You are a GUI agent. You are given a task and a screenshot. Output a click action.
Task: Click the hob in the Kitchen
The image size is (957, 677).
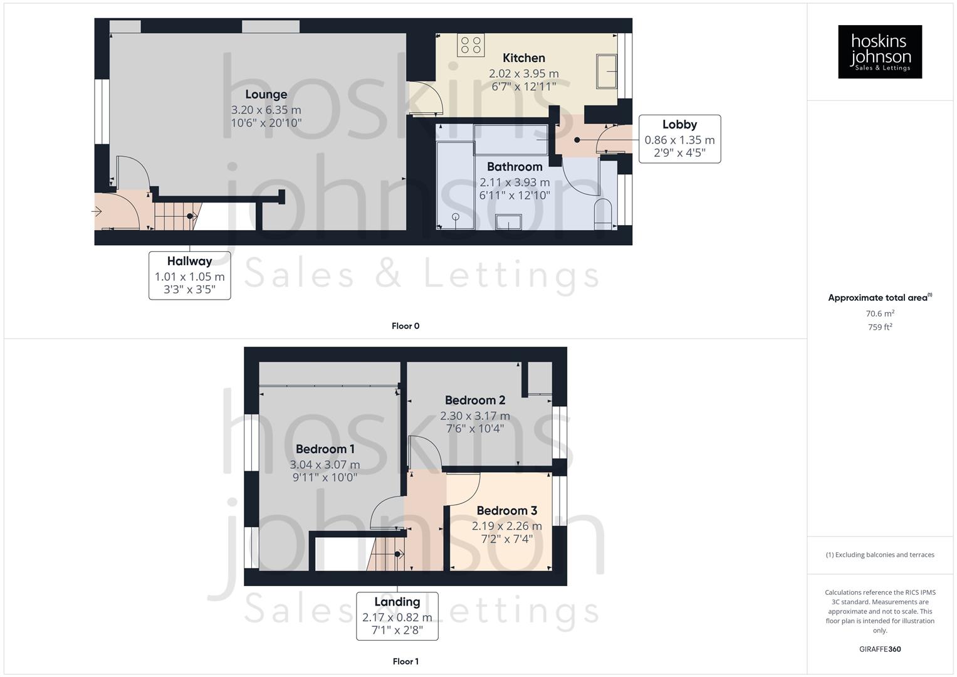(x=471, y=45)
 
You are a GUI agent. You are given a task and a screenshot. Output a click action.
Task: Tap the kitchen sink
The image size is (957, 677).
(x=607, y=71)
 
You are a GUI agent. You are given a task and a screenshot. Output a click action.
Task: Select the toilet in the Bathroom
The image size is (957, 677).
(x=602, y=213)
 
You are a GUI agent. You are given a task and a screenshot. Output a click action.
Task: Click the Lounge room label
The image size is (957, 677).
(x=266, y=95)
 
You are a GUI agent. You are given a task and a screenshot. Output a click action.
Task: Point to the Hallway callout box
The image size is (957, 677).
(x=189, y=275)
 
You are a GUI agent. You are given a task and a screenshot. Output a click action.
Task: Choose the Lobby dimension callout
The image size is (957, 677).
(x=679, y=139)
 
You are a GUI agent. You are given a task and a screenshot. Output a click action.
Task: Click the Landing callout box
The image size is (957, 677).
(x=397, y=616)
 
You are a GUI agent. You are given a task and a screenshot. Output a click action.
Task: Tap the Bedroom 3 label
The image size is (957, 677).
(x=506, y=511)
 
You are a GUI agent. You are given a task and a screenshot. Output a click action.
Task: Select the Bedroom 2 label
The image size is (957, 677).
(x=474, y=400)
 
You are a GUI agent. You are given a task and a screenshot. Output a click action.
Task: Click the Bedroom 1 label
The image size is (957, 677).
(x=325, y=449)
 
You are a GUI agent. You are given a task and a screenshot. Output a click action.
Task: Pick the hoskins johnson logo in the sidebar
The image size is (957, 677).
(x=879, y=52)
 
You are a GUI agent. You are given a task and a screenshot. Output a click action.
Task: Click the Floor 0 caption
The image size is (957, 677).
(x=405, y=326)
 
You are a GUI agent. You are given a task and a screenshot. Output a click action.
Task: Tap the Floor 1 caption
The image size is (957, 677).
(x=405, y=661)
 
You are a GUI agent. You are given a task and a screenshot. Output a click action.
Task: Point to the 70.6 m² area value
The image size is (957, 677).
(x=879, y=313)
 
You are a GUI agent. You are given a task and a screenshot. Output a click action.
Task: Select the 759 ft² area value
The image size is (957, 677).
(x=879, y=327)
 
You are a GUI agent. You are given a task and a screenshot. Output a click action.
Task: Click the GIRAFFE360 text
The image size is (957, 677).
(x=879, y=649)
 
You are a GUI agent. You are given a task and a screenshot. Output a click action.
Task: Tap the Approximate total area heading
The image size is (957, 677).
(x=879, y=298)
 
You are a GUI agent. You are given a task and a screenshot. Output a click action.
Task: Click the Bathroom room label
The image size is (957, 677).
(x=514, y=167)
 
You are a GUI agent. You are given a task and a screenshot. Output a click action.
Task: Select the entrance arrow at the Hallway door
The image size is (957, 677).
(x=97, y=212)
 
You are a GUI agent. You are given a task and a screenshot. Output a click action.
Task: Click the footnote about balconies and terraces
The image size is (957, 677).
(x=879, y=555)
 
